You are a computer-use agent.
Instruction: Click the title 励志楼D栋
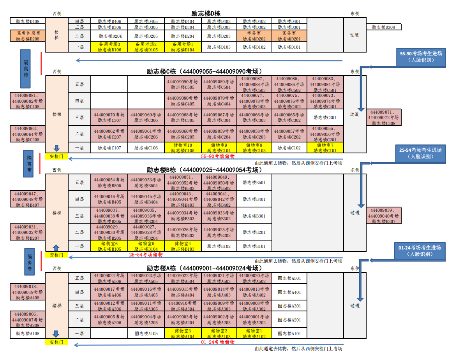pos(206,14)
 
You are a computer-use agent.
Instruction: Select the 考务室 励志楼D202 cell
pos(254,36)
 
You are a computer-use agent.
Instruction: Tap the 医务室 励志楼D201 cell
pos(289,36)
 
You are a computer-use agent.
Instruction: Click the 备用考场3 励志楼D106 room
pos(109,47)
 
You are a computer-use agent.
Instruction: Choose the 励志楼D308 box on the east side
pos(383,27)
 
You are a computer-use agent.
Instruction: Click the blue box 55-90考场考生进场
pos(421,57)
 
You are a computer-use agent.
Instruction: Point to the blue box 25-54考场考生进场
pos(420,153)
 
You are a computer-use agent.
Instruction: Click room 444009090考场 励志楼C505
pos(183,84)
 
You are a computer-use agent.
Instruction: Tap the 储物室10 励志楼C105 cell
pos(183,148)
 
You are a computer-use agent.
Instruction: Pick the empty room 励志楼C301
pos(325,118)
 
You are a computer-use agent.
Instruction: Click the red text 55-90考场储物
pos(218,156)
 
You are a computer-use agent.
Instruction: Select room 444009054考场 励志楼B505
pos(109,183)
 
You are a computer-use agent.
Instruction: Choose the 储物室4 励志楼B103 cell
pos(183,246)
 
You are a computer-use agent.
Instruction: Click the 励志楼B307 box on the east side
pos(383,216)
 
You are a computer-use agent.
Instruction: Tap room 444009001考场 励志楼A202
pos(254,320)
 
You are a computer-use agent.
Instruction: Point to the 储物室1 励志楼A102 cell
pos(254,334)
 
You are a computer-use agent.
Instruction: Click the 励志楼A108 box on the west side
pos(28,334)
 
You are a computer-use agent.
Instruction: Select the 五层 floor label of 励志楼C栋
pos(79,84)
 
